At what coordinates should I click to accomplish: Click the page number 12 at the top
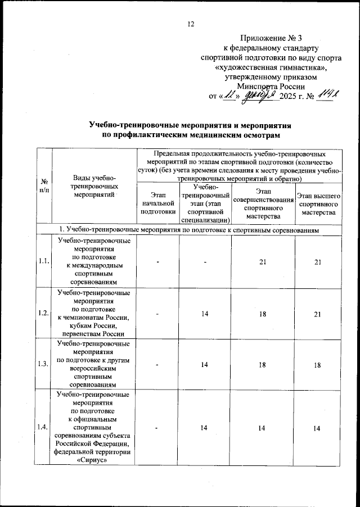pyautogui.click(x=190, y=24)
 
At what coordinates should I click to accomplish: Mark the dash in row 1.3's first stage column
pyautogui.click(x=158, y=365)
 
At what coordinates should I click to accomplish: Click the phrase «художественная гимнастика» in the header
pyautogui.click(x=271, y=67)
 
